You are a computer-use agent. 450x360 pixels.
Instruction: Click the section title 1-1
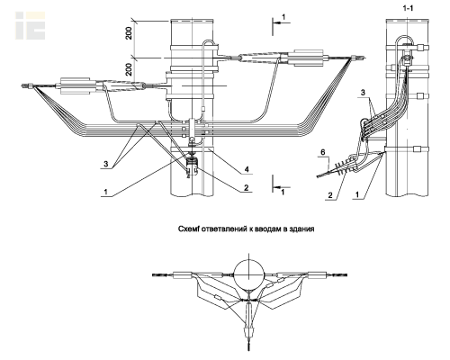click(x=408, y=8)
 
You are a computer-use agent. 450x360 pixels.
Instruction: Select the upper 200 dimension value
click(x=129, y=33)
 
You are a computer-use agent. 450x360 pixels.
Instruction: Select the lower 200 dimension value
click(x=129, y=69)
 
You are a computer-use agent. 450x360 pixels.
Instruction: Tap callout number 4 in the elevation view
click(x=247, y=170)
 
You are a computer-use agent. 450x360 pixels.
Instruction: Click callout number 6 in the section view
click(x=322, y=152)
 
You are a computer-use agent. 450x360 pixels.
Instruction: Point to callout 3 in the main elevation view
click(x=105, y=164)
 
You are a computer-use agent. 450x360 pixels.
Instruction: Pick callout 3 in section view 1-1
click(x=363, y=93)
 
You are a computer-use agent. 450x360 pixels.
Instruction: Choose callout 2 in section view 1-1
click(x=330, y=195)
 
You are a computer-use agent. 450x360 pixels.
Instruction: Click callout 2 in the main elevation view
click(x=247, y=188)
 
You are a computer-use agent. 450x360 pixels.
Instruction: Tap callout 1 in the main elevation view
click(x=105, y=192)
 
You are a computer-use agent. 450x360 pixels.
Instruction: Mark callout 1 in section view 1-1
click(x=357, y=195)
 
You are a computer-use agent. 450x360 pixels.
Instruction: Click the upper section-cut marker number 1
click(x=283, y=17)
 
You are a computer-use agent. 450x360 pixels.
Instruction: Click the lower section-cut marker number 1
click(x=283, y=192)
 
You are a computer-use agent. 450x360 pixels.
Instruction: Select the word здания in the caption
click(x=302, y=229)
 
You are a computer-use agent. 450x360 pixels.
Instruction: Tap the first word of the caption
click(x=189, y=229)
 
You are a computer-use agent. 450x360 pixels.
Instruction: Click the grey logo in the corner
click(x=31, y=25)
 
